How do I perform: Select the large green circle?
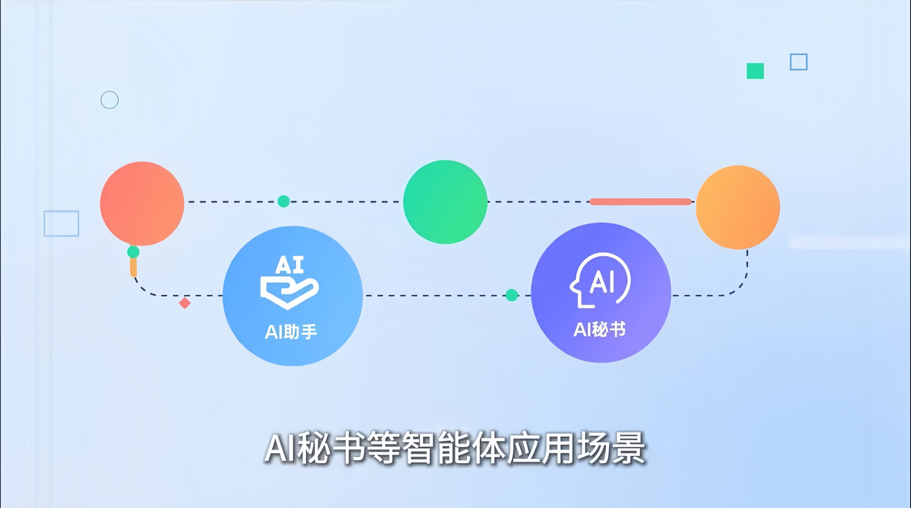[445, 202]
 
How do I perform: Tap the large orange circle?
[738, 207]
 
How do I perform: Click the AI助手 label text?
[291, 332]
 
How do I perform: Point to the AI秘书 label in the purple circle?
[600, 329]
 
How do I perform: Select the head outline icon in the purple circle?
[600, 280]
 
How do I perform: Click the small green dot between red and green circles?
[284, 201]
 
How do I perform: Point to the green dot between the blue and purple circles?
[512, 295]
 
